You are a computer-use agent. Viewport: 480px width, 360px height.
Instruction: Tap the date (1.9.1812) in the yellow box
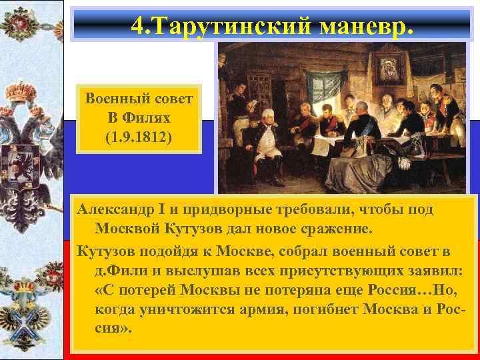(138, 140)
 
